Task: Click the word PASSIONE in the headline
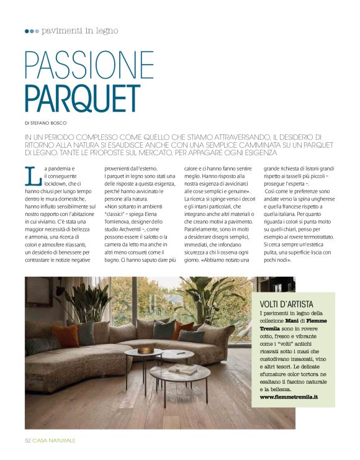click(89, 65)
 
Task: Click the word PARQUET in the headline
click(83, 98)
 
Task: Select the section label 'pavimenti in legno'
click(79, 30)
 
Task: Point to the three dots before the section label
click(32, 31)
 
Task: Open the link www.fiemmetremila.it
click(289, 395)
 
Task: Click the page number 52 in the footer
click(28, 440)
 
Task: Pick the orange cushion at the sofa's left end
click(65, 336)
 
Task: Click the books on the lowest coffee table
click(184, 370)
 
